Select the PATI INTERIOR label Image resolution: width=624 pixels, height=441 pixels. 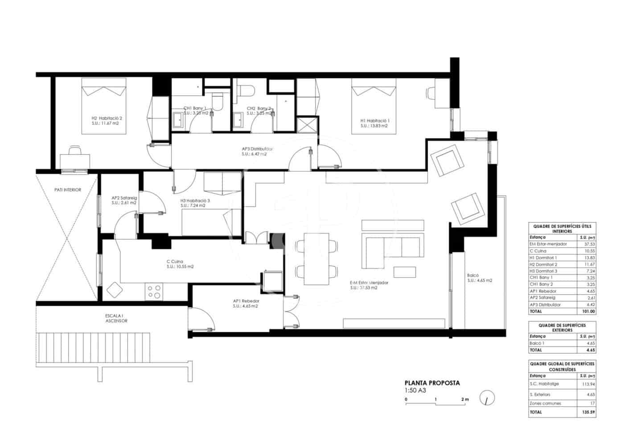click(68, 190)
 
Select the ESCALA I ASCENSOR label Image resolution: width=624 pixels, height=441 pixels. click(116, 318)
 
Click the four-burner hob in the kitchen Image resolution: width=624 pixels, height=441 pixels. click(154, 292)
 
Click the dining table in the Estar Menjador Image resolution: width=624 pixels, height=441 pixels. click(316, 259)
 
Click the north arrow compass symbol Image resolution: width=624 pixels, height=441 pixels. click(487, 398)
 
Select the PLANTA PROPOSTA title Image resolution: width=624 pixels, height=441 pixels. click(432, 383)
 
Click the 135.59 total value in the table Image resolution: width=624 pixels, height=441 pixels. click(588, 412)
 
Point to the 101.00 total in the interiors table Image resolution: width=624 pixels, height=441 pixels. click(588, 311)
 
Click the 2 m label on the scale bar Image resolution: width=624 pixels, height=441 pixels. click(465, 400)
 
